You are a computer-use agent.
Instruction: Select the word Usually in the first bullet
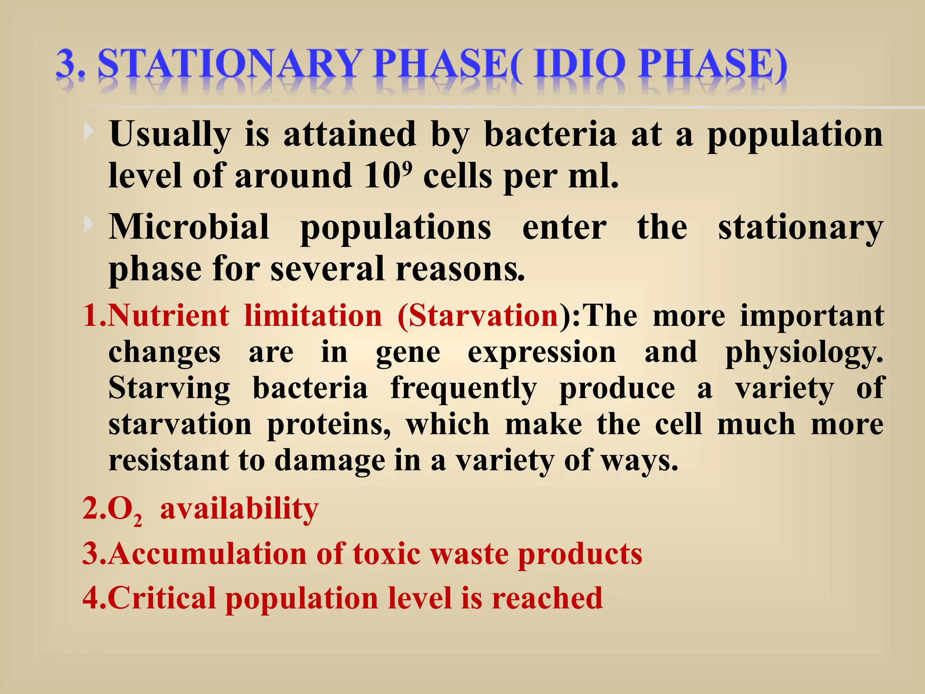[x=170, y=134]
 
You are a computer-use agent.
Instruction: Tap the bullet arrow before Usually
[x=89, y=131]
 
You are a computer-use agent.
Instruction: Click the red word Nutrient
[x=169, y=315]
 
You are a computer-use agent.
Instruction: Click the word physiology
[x=804, y=352]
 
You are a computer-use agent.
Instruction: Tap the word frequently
[x=463, y=389]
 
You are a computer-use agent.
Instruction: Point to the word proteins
[x=329, y=425]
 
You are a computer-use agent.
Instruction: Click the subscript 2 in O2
[x=138, y=521]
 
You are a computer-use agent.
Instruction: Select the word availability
[x=239, y=509]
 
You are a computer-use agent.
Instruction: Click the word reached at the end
[x=547, y=598]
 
